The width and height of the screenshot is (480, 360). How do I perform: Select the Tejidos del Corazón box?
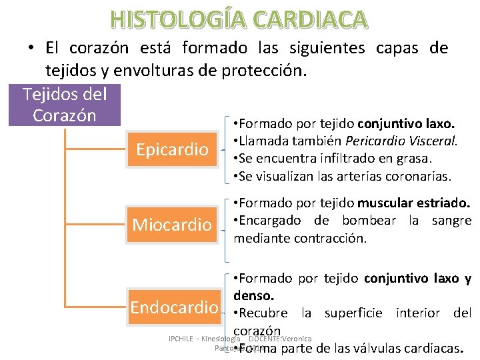(x=65, y=104)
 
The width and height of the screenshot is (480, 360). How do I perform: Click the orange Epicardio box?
(x=172, y=150)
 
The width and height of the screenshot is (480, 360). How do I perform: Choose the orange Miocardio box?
(x=171, y=225)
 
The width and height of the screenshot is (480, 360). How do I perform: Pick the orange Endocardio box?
(x=175, y=307)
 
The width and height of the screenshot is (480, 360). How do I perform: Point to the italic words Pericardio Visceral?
(x=415, y=141)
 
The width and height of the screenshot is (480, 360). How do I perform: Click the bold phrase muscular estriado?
(x=414, y=203)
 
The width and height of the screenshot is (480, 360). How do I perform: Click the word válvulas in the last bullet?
(x=371, y=348)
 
